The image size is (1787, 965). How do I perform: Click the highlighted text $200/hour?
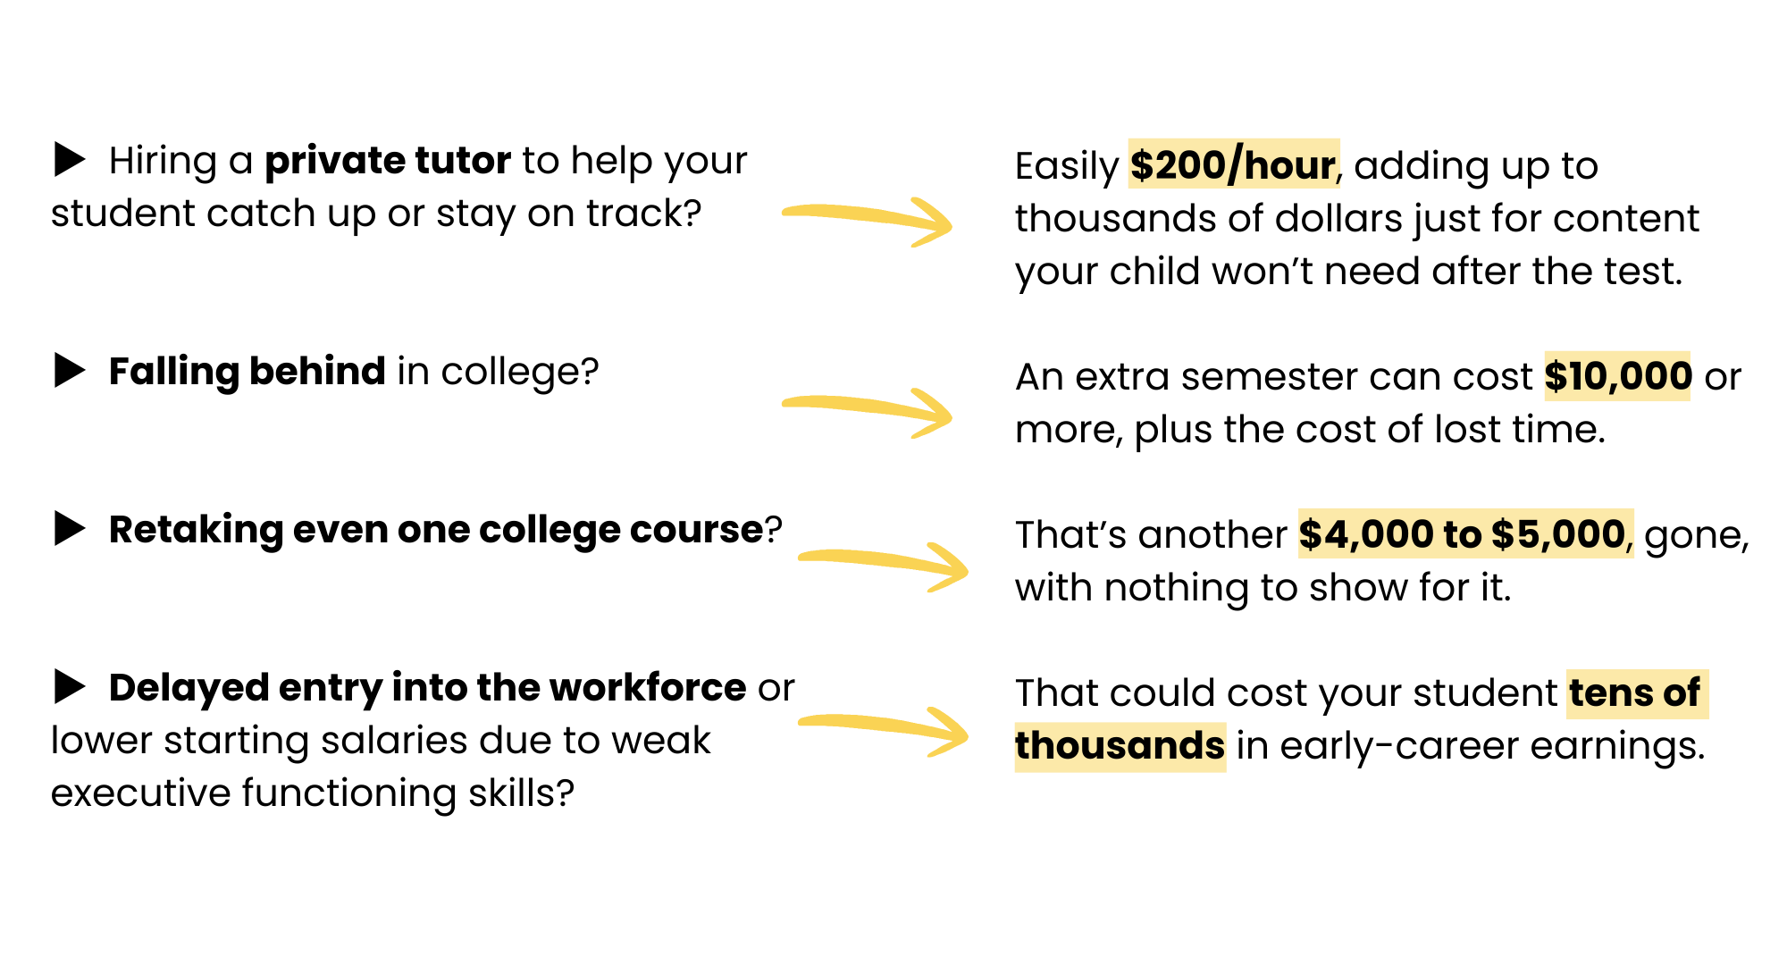click(1233, 165)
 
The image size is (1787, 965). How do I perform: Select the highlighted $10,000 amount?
click(1617, 376)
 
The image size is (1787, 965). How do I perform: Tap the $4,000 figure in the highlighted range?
click(1366, 534)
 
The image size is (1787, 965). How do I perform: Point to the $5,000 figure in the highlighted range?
click(1558, 534)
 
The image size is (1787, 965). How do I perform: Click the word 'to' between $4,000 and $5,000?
click(1462, 534)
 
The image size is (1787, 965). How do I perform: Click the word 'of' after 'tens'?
click(1681, 693)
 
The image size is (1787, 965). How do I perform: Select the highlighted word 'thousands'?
click(1120, 746)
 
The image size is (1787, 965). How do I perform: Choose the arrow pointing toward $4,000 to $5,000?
click(880, 563)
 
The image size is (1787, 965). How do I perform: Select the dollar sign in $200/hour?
click(1141, 165)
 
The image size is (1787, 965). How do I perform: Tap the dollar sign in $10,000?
click(1556, 376)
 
